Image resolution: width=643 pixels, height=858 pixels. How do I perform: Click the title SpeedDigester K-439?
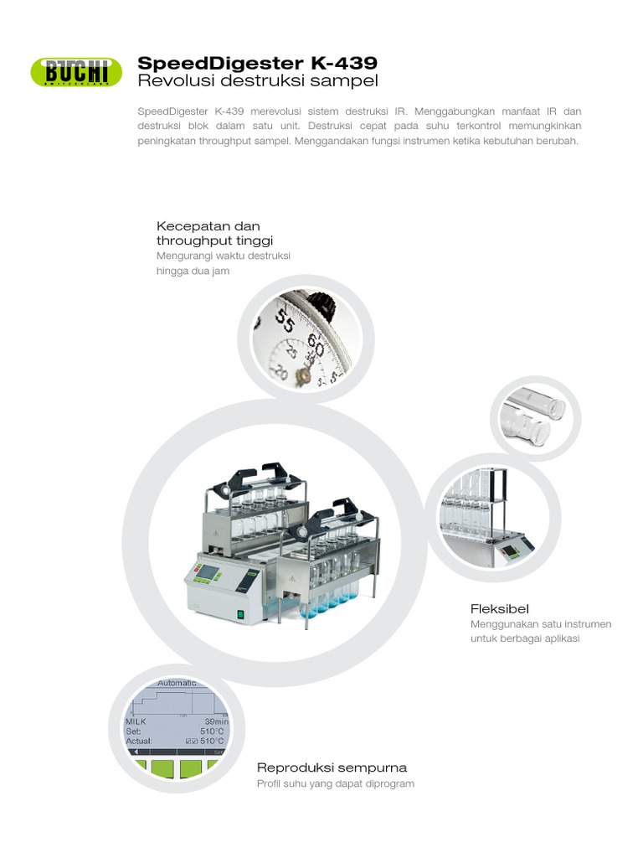click(x=257, y=63)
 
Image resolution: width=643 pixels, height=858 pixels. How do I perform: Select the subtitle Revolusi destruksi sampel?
click(x=257, y=81)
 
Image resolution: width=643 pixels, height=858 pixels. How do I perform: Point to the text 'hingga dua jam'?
click(x=193, y=271)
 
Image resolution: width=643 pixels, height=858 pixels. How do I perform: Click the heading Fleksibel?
click(x=499, y=608)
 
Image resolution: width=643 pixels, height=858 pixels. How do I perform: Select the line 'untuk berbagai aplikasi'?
click(x=525, y=638)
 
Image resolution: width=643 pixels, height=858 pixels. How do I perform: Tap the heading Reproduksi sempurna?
click(x=332, y=767)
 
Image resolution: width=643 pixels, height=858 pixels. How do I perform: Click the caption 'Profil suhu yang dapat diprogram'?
click(x=335, y=784)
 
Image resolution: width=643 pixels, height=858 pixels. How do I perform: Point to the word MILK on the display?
click(x=136, y=721)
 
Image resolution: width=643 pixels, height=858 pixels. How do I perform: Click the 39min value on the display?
click(x=215, y=721)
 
